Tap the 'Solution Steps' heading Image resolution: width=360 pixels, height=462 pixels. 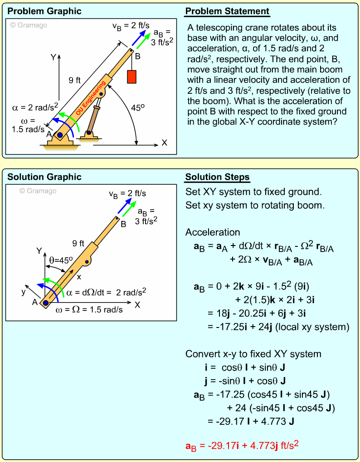coord(217,177)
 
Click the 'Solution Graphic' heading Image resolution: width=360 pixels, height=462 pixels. coord(44,177)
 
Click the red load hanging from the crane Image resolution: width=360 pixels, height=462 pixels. coord(132,76)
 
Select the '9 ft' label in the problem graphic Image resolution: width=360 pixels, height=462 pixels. coord(75,80)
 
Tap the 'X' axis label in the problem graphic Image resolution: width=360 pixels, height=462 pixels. coord(164,143)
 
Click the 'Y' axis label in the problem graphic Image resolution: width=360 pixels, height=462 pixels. coord(53,57)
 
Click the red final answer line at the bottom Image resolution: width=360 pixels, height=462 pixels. coord(242,446)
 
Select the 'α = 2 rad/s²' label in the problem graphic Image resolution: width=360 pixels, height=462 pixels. coord(35,107)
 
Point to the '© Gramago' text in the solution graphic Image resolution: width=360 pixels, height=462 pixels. coord(38,191)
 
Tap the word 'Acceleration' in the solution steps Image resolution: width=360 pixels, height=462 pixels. coord(212,232)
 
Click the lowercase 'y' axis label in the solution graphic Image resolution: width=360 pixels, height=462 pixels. coord(23,292)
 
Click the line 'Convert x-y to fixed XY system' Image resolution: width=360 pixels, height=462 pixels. coord(253,354)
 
